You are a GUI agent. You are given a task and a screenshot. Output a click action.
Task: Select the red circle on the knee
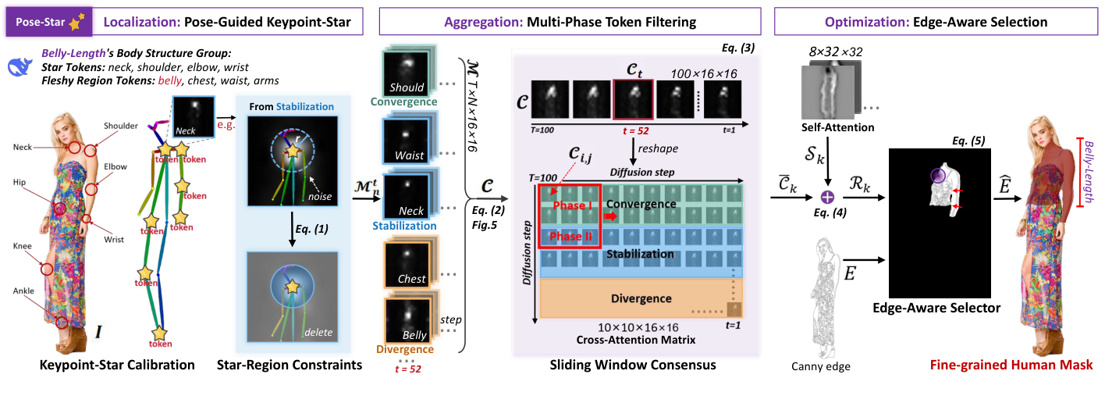(x=47, y=269)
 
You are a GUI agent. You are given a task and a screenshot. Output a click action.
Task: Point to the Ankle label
(x=23, y=291)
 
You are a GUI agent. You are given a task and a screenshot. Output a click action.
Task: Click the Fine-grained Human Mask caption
(x=1011, y=363)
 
